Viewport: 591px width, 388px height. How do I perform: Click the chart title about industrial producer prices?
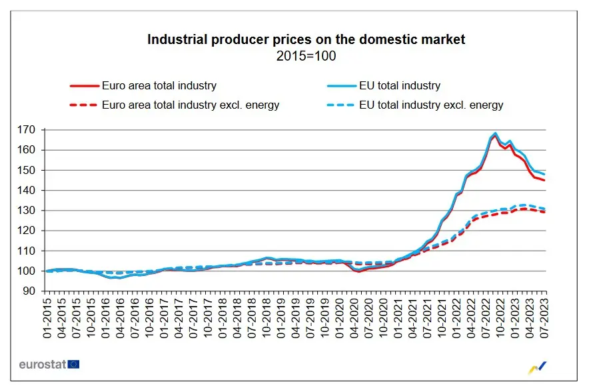(306, 40)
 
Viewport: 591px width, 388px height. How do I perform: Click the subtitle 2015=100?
(306, 56)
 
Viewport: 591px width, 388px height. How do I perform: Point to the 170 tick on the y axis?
(29, 130)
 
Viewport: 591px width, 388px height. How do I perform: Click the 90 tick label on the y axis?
(31, 291)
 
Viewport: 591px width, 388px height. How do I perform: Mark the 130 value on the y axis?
(29, 211)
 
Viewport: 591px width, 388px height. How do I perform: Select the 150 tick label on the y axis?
(29, 170)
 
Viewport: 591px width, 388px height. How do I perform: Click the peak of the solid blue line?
(495, 133)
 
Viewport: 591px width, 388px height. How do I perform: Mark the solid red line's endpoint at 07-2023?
(544, 181)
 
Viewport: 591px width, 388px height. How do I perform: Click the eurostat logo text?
(41, 364)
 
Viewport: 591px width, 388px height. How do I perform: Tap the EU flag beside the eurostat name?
(73, 364)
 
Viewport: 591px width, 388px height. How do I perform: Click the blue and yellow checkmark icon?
(538, 366)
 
